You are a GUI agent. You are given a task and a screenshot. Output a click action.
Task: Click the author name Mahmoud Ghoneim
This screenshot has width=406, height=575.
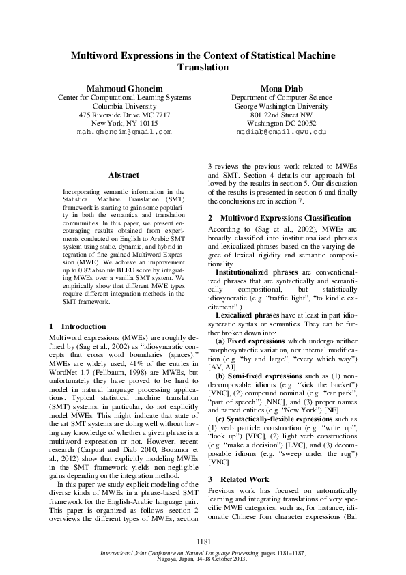(x=124, y=89)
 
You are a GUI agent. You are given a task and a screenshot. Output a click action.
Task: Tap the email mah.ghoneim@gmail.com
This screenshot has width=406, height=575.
(x=124, y=130)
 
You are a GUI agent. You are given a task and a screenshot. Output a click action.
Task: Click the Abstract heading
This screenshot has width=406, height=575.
(x=124, y=176)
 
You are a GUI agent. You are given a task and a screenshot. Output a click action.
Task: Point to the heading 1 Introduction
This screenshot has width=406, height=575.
(x=78, y=326)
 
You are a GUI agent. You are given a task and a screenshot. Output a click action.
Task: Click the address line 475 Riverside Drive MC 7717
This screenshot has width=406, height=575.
(x=124, y=115)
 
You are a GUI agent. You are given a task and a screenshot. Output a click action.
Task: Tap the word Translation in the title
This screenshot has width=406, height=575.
(x=203, y=68)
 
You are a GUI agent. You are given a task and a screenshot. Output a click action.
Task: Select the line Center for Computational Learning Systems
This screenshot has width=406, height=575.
(x=124, y=98)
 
